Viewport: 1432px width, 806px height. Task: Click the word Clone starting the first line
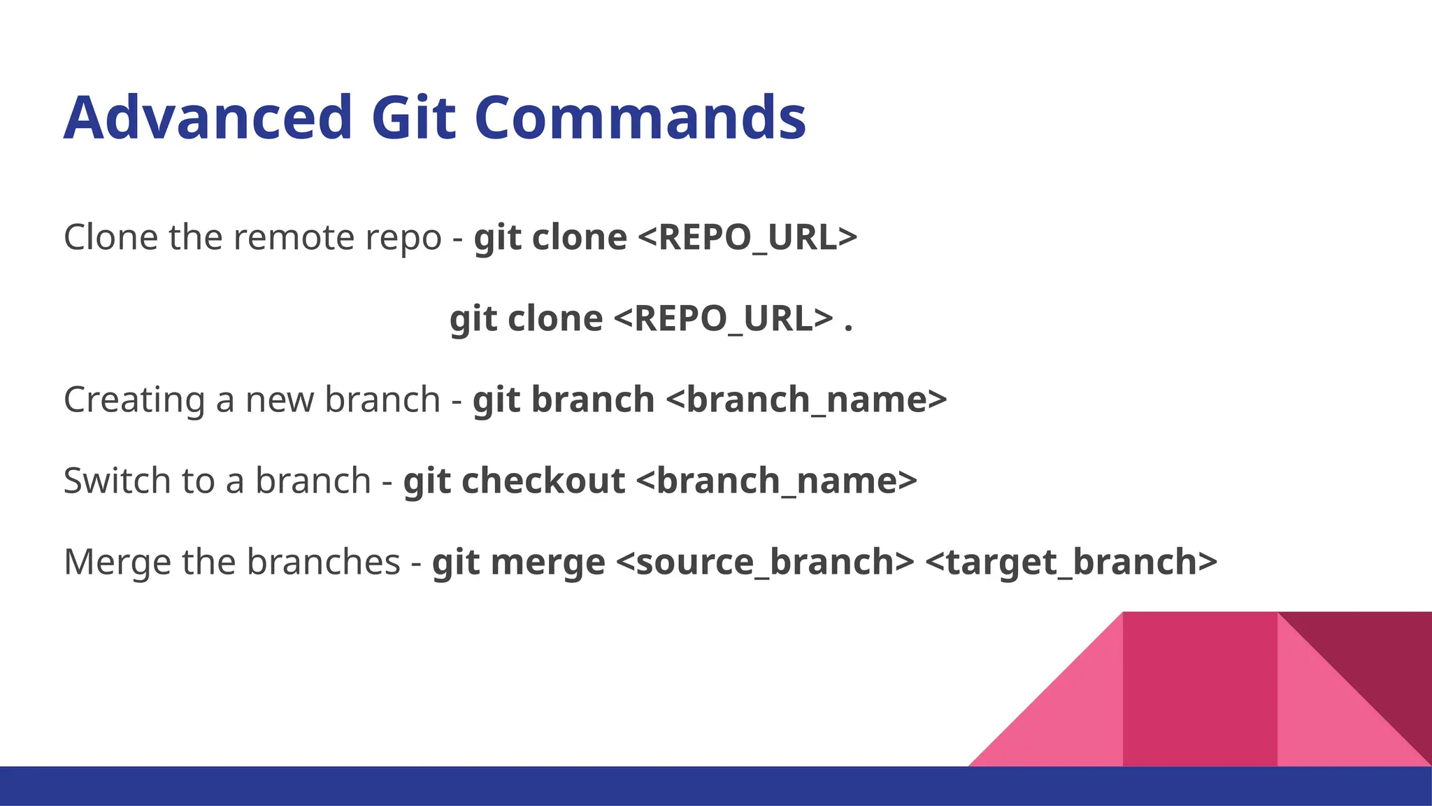pos(110,237)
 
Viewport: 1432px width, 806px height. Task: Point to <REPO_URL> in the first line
pos(747,237)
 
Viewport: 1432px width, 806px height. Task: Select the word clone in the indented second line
pos(555,319)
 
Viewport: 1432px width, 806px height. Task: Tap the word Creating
pos(134,400)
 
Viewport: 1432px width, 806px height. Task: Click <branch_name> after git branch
pos(806,400)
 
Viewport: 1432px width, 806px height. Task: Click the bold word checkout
pos(543,481)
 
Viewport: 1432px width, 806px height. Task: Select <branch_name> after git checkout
pos(776,481)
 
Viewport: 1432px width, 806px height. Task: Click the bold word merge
pos(547,563)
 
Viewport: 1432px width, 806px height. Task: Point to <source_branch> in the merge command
pos(765,563)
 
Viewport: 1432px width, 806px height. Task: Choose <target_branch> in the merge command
pos(1071,563)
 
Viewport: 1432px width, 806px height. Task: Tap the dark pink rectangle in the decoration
pos(1199,689)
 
